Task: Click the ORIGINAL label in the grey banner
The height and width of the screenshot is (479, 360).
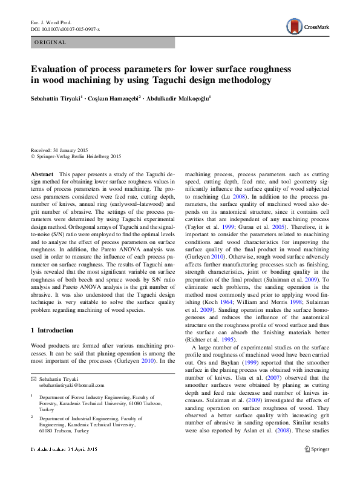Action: [51, 42]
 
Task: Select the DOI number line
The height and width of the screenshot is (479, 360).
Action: [65, 28]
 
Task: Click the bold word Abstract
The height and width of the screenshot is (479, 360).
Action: [42, 174]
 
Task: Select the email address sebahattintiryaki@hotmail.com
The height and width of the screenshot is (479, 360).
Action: [72, 385]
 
